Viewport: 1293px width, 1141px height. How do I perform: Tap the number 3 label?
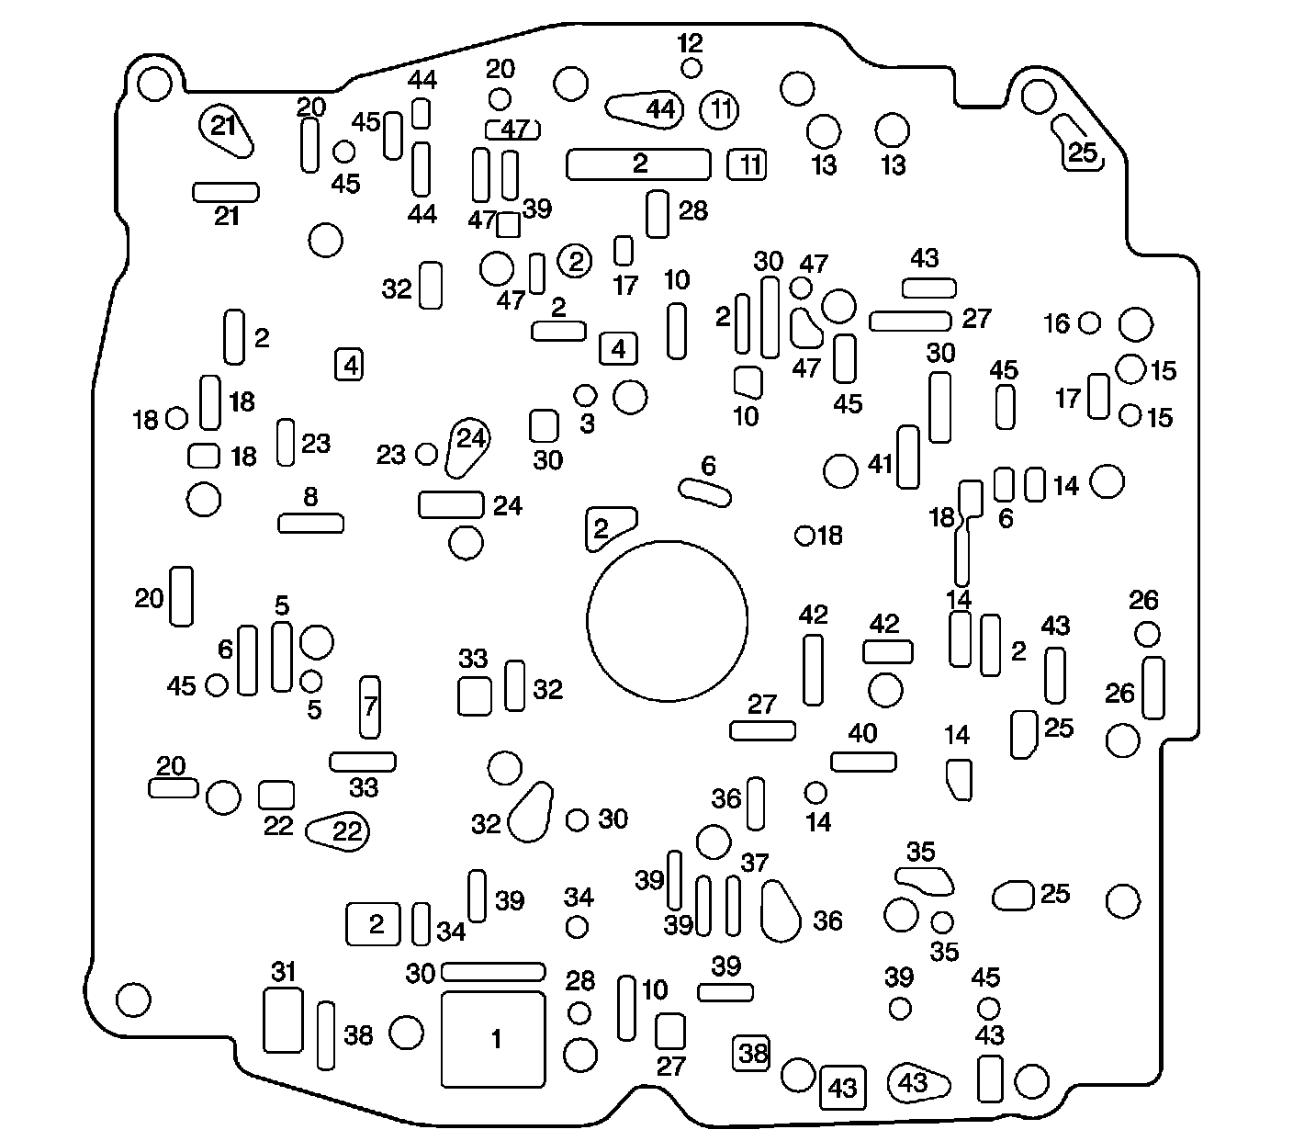(588, 424)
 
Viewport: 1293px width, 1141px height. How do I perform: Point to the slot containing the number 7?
(369, 707)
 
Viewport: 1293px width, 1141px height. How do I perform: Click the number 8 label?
(310, 497)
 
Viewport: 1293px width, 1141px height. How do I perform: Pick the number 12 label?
(690, 42)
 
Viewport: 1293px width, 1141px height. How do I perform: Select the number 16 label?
(1057, 323)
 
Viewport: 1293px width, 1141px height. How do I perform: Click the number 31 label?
(284, 971)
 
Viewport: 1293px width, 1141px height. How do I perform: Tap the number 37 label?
(754, 863)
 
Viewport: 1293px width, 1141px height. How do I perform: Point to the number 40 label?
(862, 733)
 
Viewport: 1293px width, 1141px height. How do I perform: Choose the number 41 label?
(880, 465)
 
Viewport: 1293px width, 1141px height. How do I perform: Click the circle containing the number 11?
(719, 111)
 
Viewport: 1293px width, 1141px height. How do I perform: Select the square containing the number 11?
(748, 165)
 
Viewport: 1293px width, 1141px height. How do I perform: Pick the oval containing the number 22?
(338, 831)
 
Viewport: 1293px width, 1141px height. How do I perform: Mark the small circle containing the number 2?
(576, 262)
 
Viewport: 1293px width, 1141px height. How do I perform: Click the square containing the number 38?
(751, 1053)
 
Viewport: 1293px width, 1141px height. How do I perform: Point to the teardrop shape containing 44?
(647, 108)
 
